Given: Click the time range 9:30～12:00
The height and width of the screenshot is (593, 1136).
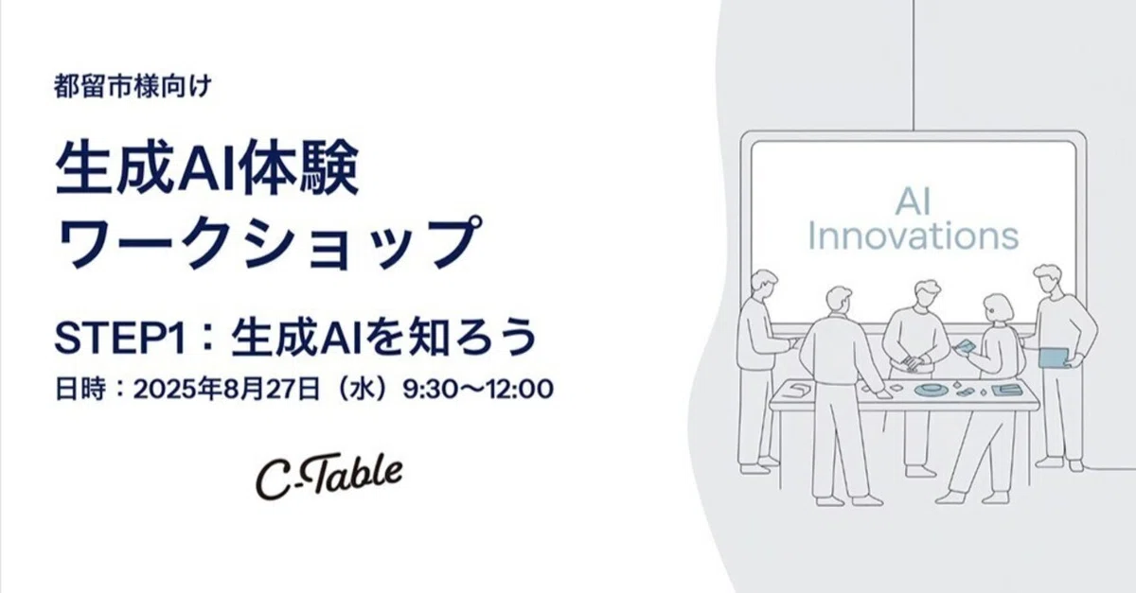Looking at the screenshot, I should click(x=478, y=388).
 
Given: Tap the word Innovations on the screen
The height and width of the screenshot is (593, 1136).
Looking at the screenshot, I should click(x=913, y=235).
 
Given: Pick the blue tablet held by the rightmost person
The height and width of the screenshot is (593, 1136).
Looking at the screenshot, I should click(x=1053, y=358).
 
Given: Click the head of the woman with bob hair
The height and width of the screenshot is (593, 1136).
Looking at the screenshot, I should click(x=998, y=307).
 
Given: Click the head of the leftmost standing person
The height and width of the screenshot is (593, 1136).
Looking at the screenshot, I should click(x=763, y=285).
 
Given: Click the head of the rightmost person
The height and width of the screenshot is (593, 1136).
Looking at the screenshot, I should click(x=1048, y=279).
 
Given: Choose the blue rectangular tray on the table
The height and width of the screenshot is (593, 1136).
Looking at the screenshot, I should click(x=1004, y=389).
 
